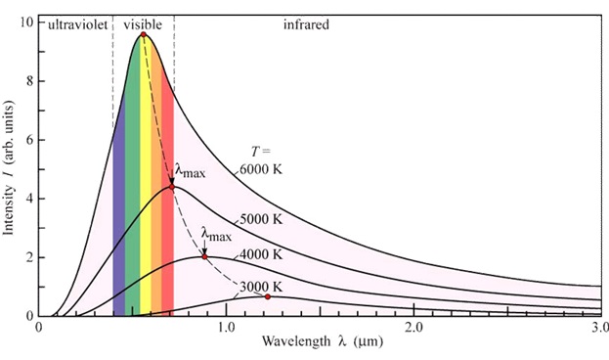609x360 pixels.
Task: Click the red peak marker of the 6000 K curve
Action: point(144,34)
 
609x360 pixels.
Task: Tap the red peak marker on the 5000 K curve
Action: point(172,187)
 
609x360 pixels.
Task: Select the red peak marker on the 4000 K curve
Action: point(204,257)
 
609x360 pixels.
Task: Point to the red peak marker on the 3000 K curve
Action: point(268,297)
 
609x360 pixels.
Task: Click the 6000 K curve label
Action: point(261,170)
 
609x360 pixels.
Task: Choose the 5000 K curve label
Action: point(261,220)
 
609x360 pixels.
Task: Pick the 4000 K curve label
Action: point(261,254)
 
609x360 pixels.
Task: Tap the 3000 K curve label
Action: point(261,288)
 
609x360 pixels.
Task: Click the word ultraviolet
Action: point(77,24)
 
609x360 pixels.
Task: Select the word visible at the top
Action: point(143,24)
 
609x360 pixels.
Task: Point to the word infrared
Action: point(306,24)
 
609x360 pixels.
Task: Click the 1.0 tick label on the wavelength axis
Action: point(226,328)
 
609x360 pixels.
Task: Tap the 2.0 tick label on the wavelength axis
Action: point(414,328)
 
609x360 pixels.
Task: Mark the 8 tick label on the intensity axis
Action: point(29,81)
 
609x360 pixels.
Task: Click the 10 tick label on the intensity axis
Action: point(26,22)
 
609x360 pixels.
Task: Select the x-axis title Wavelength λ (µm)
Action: point(322,341)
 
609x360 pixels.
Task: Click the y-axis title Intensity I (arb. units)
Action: point(9,167)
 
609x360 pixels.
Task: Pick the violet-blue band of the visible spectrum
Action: point(119,218)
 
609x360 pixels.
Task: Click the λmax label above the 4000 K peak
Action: point(216,235)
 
